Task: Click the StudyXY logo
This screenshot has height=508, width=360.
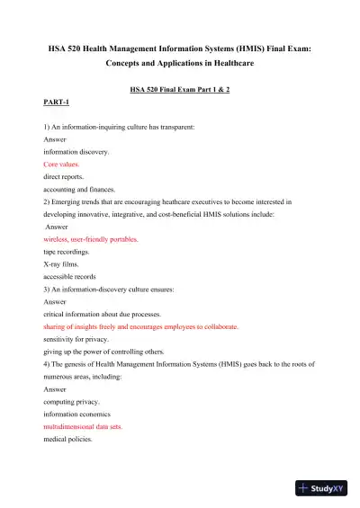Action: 325,489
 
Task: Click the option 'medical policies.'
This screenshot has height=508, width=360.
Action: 68,440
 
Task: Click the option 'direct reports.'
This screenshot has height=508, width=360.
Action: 65,178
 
